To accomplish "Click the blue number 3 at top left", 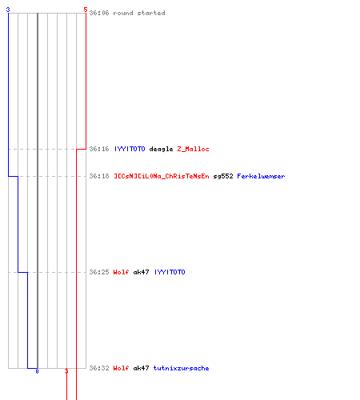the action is coord(8,10).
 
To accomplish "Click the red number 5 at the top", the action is coord(86,10).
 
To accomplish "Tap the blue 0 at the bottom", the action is coord(37,371).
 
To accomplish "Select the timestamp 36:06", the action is coord(99,13).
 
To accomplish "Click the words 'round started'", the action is coord(139,13).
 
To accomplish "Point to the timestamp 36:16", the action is coord(99,149).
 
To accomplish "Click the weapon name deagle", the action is coord(161,149).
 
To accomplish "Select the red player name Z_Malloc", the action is coord(193,149).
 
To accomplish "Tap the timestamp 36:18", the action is coord(99,176).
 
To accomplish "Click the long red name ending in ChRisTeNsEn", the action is coord(162,176).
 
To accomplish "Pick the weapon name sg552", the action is coord(223,176).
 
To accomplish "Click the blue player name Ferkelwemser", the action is coord(261,176).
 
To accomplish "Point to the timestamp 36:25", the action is coord(99,272).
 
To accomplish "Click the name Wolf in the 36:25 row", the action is coord(121,272).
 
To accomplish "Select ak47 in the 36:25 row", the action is coord(141,272).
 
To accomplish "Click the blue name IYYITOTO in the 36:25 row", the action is coord(170,272).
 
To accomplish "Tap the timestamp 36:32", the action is coord(99,368).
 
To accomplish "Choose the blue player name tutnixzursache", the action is coord(181,368).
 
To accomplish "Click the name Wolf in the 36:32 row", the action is coord(121,368).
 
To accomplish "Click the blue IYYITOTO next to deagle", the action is coord(130,149).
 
